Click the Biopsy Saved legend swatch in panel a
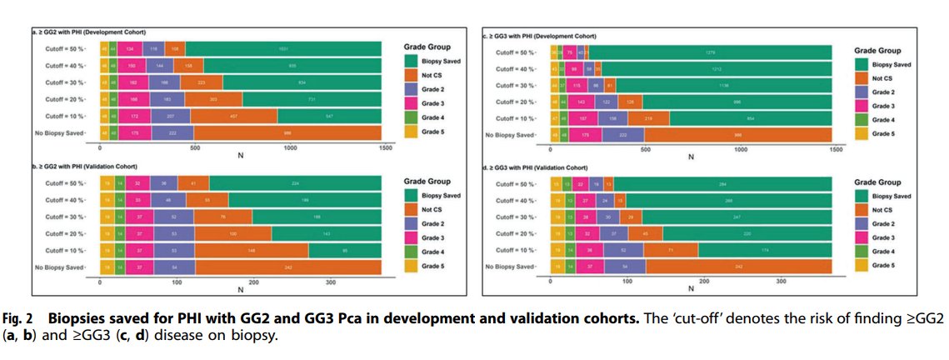click(x=412, y=61)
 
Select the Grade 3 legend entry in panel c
click(x=863, y=107)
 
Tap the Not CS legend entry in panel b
click(x=412, y=209)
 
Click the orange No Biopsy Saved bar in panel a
click(x=287, y=132)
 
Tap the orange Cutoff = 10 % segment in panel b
click(x=251, y=251)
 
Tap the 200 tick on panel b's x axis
click(x=253, y=282)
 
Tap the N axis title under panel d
click(x=692, y=289)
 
